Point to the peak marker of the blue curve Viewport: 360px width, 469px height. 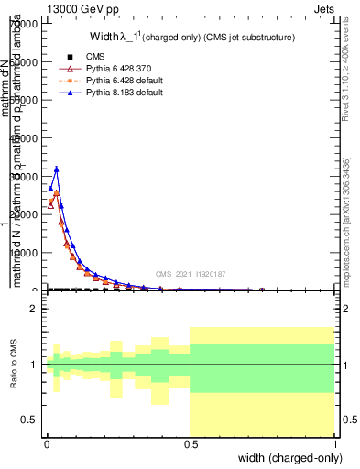[57, 169]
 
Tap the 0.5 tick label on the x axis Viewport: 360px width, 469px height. [191, 442]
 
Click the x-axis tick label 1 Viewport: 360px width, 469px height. [335, 442]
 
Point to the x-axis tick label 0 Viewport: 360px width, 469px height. [47, 442]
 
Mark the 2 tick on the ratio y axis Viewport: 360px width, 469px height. [36, 310]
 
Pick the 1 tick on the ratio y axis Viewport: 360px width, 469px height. [36, 365]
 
